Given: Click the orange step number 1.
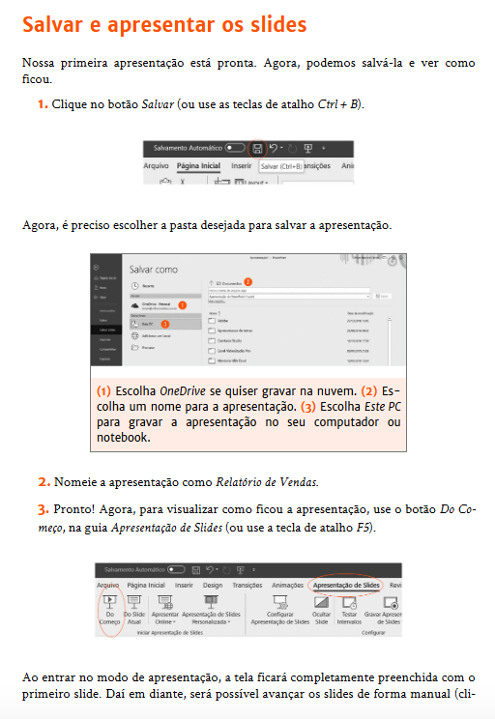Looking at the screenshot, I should point(43,103).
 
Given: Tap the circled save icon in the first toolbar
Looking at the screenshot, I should point(257,149).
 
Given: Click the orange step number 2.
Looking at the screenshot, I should point(44,481).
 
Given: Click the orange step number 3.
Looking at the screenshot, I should point(44,508).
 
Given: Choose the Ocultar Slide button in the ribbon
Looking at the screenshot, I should point(322,612).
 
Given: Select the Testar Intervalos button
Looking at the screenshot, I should point(350,612).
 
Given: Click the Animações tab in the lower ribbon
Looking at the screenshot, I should point(287,586).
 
